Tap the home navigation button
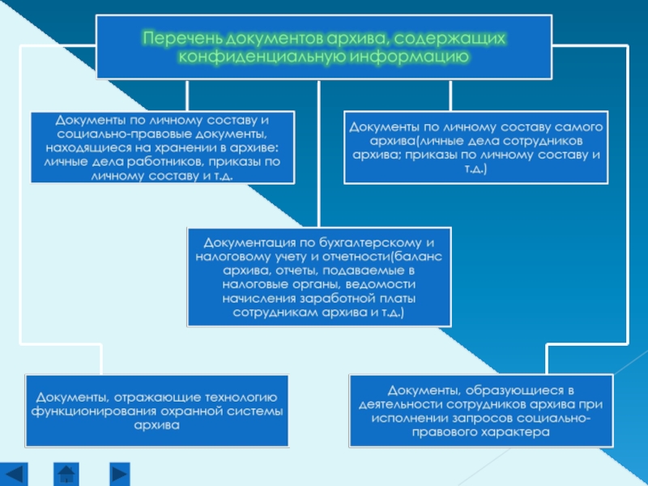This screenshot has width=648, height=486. pos(67,472)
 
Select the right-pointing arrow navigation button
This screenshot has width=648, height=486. pos(119,472)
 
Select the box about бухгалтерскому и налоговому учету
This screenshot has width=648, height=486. pos(319,275)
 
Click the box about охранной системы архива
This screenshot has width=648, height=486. pos(157,411)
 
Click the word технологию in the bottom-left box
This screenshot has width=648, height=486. pos(237,397)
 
